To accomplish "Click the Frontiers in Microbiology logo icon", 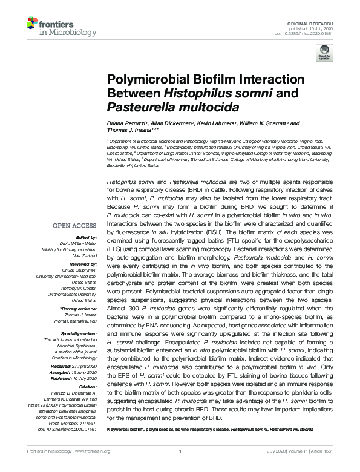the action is (x=32, y=24).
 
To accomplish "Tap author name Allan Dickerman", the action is (x=173, y=123).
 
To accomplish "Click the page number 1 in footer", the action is (x=180, y=466).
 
